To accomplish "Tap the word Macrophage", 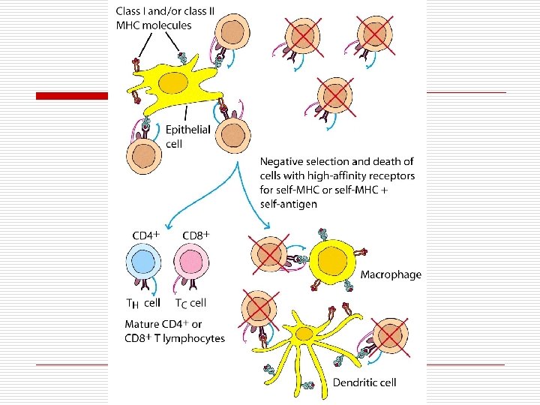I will tap(391, 274).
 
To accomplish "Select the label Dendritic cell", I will tap(364, 382).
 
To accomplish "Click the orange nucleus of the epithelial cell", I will tap(173, 82).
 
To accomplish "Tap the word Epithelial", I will tap(187, 130).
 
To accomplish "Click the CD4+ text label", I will tap(146, 235).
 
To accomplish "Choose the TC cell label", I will tap(190, 303).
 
